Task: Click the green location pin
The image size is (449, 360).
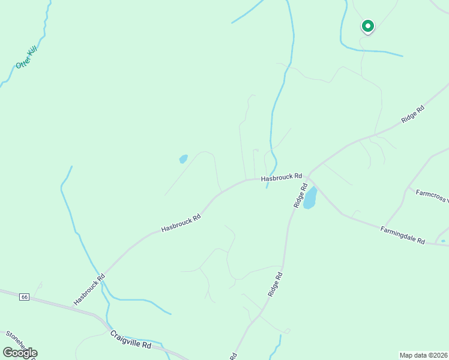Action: pyautogui.click(x=367, y=26)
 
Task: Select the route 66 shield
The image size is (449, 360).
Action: pyautogui.click(x=24, y=297)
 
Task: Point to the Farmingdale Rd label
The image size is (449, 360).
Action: pyautogui.click(x=403, y=235)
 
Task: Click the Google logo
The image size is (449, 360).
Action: pyautogui.click(x=20, y=352)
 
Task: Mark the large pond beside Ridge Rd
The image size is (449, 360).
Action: pyautogui.click(x=310, y=198)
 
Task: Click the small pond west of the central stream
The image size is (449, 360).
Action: pyautogui.click(x=183, y=159)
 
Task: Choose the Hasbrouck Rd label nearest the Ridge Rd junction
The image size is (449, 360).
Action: pyautogui.click(x=281, y=178)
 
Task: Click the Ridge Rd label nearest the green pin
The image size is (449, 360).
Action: pyautogui.click(x=413, y=115)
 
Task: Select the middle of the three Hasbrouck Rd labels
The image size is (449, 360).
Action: pyautogui.click(x=180, y=222)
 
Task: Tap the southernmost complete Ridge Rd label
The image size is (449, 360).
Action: pyautogui.click(x=275, y=284)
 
